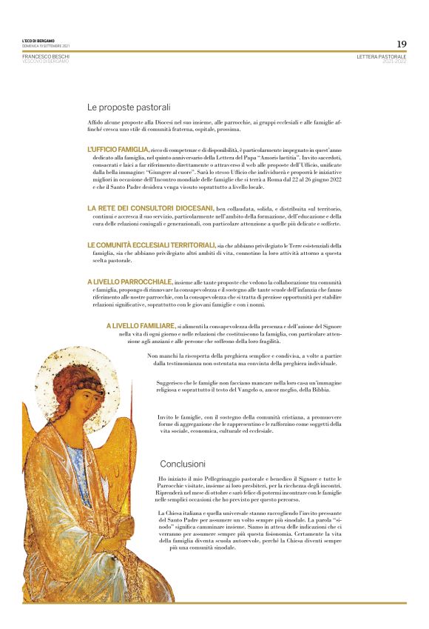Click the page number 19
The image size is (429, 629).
(x=401, y=44)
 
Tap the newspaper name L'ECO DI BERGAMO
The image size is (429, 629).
(x=38, y=41)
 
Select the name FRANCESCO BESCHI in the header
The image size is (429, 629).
(x=46, y=56)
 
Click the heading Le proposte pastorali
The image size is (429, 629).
(x=129, y=107)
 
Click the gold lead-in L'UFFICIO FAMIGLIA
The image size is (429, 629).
(x=118, y=149)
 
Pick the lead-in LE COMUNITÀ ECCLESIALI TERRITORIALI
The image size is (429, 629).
(x=151, y=244)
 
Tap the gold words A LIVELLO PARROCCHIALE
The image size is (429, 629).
(x=130, y=282)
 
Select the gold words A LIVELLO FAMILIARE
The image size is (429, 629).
(x=141, y=325)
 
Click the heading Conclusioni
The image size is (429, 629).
(x=182, y=464)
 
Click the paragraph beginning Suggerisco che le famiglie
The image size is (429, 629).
(x=249, y=386)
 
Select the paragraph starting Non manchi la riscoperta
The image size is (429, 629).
(x=246, y=359)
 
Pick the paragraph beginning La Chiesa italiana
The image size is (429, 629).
(x=250, y=530)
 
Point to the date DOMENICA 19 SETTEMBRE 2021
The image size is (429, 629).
(x=46, y=46)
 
